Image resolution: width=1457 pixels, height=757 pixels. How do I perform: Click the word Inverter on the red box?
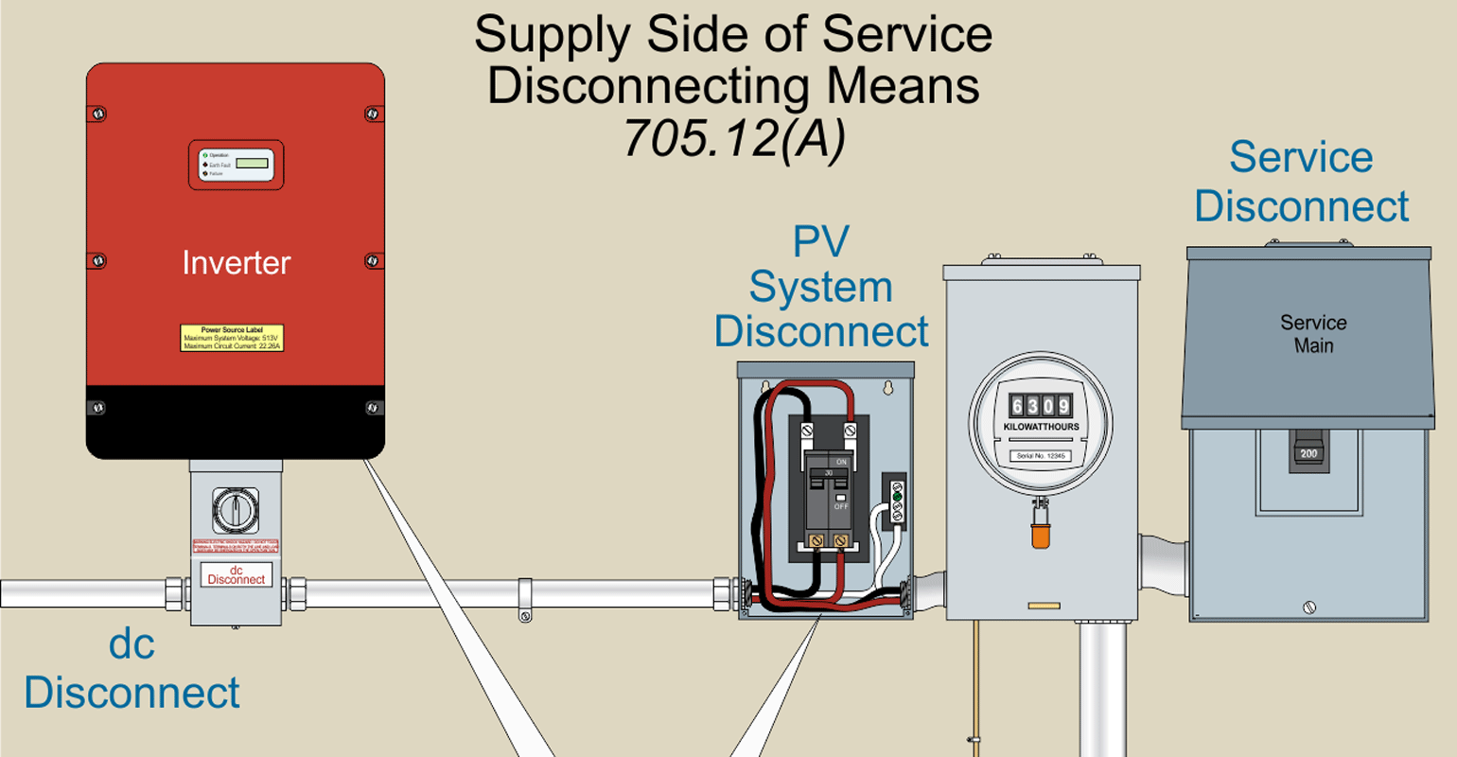click(x=236, y=263)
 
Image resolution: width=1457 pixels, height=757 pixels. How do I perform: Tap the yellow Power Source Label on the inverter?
click(x=232, y=338)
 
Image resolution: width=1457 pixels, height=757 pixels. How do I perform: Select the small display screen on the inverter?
click(x=252, y=164)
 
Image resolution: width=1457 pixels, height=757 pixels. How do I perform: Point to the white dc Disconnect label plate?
click(x=236, y=575)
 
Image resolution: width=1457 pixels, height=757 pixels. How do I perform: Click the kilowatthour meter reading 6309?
click(x=1041, y=406)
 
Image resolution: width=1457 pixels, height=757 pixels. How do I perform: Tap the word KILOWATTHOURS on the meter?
click(x=1041, y=428)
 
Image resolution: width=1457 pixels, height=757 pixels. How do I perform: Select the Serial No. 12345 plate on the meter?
click(x=1041, y=455)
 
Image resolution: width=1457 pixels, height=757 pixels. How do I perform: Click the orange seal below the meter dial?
click(x=1041, y=536)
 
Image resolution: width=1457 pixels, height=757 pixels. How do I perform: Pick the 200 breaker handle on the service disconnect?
click(x=1308, y=450)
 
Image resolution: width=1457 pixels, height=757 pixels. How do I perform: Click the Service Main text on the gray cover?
click(x=1313, y=334)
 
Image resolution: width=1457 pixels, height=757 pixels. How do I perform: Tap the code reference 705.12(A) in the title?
click(x=733, y=138)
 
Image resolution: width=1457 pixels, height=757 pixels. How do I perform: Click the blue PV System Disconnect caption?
click(x=821, y=287)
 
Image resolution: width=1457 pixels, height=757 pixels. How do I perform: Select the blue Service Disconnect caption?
click(x=1301, y=182)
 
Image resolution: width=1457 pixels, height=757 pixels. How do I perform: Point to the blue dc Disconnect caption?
click(x=132, y=669)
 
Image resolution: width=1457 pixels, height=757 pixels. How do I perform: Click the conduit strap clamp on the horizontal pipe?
click(x=524, y=600)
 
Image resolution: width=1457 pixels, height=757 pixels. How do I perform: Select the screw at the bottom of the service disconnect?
click(x=1309, y=607)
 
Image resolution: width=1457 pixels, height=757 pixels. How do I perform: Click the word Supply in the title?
click(x=553, y=35)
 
